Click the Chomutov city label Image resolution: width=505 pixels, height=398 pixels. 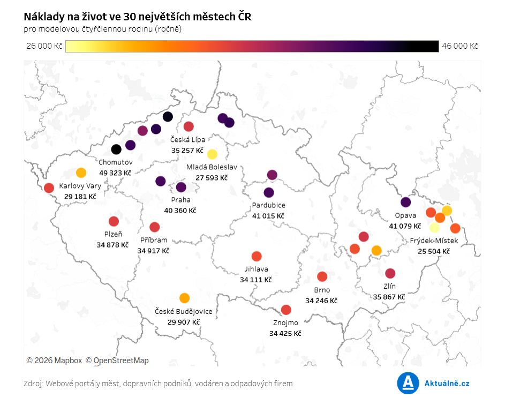[x=115, y=162]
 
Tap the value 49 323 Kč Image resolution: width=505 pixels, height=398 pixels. [x=115, y=173]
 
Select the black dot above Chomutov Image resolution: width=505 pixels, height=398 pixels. [x=116, y=149]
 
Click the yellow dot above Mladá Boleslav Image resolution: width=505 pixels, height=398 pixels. [x=212, y=154]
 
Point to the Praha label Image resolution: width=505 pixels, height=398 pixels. [x=180, y=200]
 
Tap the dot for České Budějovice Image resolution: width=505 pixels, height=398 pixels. [x=184, y=298]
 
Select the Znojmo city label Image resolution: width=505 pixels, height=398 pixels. [x=285, y=322]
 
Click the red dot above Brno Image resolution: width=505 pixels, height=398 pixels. [x=322, y=276]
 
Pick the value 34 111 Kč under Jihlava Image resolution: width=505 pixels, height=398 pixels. [x=256, y=280]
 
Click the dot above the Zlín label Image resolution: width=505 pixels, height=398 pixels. [x=390, y=273]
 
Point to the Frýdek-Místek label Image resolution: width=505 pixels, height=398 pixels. [x=434, y=241]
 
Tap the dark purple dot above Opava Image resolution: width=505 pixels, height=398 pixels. [x=405, y=202]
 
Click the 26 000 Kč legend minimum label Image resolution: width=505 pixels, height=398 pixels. [x=44, y=46]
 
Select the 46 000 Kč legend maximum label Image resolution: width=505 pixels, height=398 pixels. [x=459, y=46]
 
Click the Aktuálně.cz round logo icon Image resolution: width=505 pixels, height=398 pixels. [x=408, y=383]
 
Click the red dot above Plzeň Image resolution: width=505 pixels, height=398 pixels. [x=114, y=221]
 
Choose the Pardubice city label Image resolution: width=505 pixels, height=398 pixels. [x=268, y=205]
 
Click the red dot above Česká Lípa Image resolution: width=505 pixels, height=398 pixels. [x=189, y=126]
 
